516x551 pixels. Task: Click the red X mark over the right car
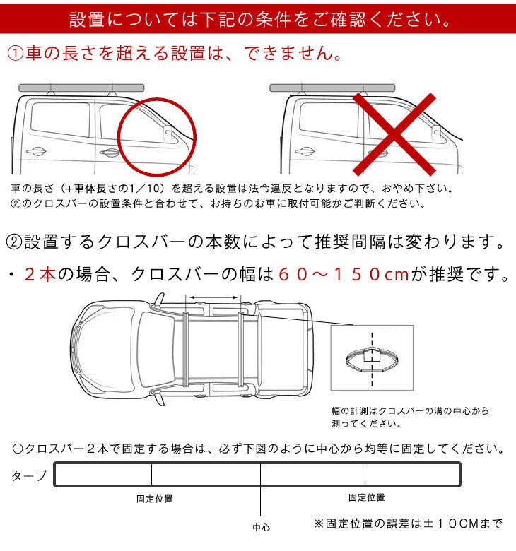(394, 134)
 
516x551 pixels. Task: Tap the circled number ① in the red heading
(15, 54)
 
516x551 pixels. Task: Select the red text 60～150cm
(344, 275)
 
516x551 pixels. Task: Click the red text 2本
(40, 275)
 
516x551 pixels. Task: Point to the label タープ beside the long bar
(29, 476)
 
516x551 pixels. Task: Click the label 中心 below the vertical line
(261, 527)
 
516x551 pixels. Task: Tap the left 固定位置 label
(155, 499)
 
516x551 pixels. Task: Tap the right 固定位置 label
(367, 497)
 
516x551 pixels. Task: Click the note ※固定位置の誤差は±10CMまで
(408, 523)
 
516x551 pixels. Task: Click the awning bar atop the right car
(332, 88)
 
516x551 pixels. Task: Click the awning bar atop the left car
(81, 88)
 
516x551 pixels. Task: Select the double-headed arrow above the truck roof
(214, 297)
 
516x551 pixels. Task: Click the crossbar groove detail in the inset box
(372, 359)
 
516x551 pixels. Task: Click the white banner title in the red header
(259, 19)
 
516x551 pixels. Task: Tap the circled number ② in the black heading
(14, 242)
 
